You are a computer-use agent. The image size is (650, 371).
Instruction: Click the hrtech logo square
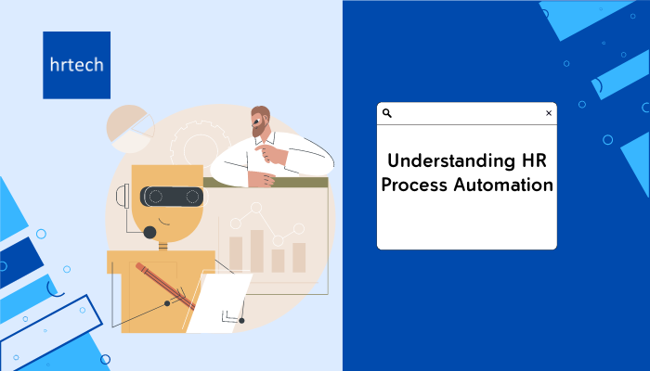77,65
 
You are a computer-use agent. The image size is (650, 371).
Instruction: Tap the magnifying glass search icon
387,113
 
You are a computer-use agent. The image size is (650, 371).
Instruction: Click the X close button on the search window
549,113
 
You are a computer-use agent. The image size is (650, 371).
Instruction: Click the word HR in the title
535,160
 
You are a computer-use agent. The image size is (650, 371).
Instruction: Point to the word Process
414,185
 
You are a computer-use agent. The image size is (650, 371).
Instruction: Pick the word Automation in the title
503,185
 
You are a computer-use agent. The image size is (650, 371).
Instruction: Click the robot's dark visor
172,197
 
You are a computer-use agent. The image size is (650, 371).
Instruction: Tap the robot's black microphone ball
149,232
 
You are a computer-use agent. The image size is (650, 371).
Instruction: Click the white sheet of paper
218,302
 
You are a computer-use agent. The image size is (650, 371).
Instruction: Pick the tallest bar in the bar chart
257,251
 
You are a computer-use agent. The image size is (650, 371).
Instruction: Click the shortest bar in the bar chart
279,261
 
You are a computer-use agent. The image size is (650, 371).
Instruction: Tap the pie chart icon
130,129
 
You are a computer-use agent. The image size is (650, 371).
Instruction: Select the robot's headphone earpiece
123,196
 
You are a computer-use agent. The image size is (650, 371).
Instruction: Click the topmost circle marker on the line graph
256,208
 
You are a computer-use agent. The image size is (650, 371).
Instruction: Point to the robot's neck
162,246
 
